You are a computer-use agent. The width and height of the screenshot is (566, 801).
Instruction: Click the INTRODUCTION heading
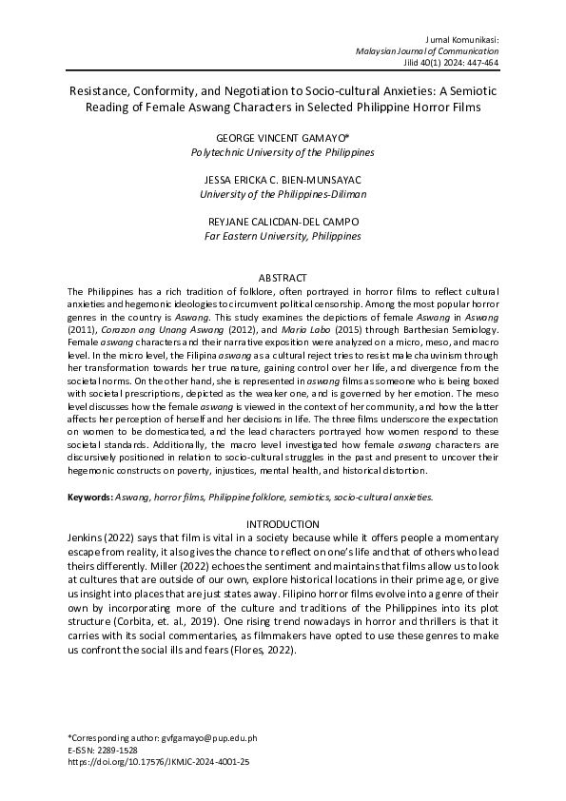(283, 524)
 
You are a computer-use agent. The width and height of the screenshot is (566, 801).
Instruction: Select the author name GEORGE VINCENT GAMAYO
(282, 138)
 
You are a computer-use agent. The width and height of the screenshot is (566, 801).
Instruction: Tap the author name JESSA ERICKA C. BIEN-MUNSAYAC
(283, 180)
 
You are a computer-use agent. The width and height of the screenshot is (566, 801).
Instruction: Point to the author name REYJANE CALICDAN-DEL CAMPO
(283, 222)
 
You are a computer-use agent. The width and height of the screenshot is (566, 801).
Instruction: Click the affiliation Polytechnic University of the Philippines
(283, 152)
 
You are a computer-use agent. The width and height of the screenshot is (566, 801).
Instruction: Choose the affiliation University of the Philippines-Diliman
(283, 194)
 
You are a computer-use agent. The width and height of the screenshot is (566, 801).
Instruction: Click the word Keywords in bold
(89, 497)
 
